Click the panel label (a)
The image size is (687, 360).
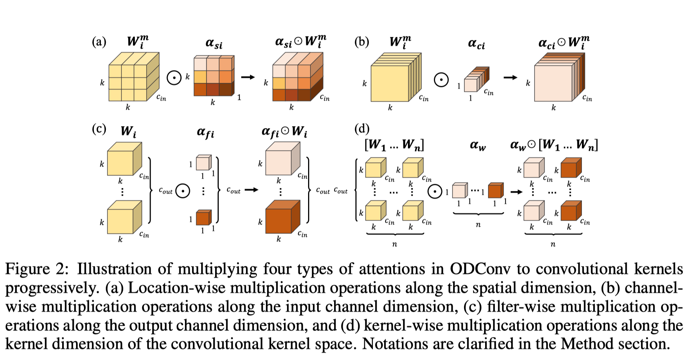(99, 42)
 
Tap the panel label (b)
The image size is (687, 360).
(362, 42)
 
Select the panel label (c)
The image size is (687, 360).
(99, 129)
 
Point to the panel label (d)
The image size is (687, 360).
(362, 129)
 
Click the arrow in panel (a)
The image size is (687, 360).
(248, 77)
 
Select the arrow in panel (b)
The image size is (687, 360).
(510, 78)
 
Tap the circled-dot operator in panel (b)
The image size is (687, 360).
(441, 80)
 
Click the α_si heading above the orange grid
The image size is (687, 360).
(214, 44)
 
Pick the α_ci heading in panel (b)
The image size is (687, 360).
(476, 44)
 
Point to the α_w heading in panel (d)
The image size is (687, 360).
(478, 145)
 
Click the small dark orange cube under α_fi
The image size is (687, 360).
(203, 217)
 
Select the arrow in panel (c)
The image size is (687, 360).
(252, 190)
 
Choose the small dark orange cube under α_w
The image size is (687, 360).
(495, 191)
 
